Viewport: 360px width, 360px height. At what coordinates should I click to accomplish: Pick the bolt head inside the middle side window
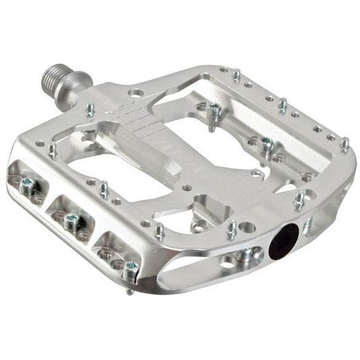click(71, 219)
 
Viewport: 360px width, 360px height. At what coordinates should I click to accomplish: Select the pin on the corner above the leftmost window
click(52, 149)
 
